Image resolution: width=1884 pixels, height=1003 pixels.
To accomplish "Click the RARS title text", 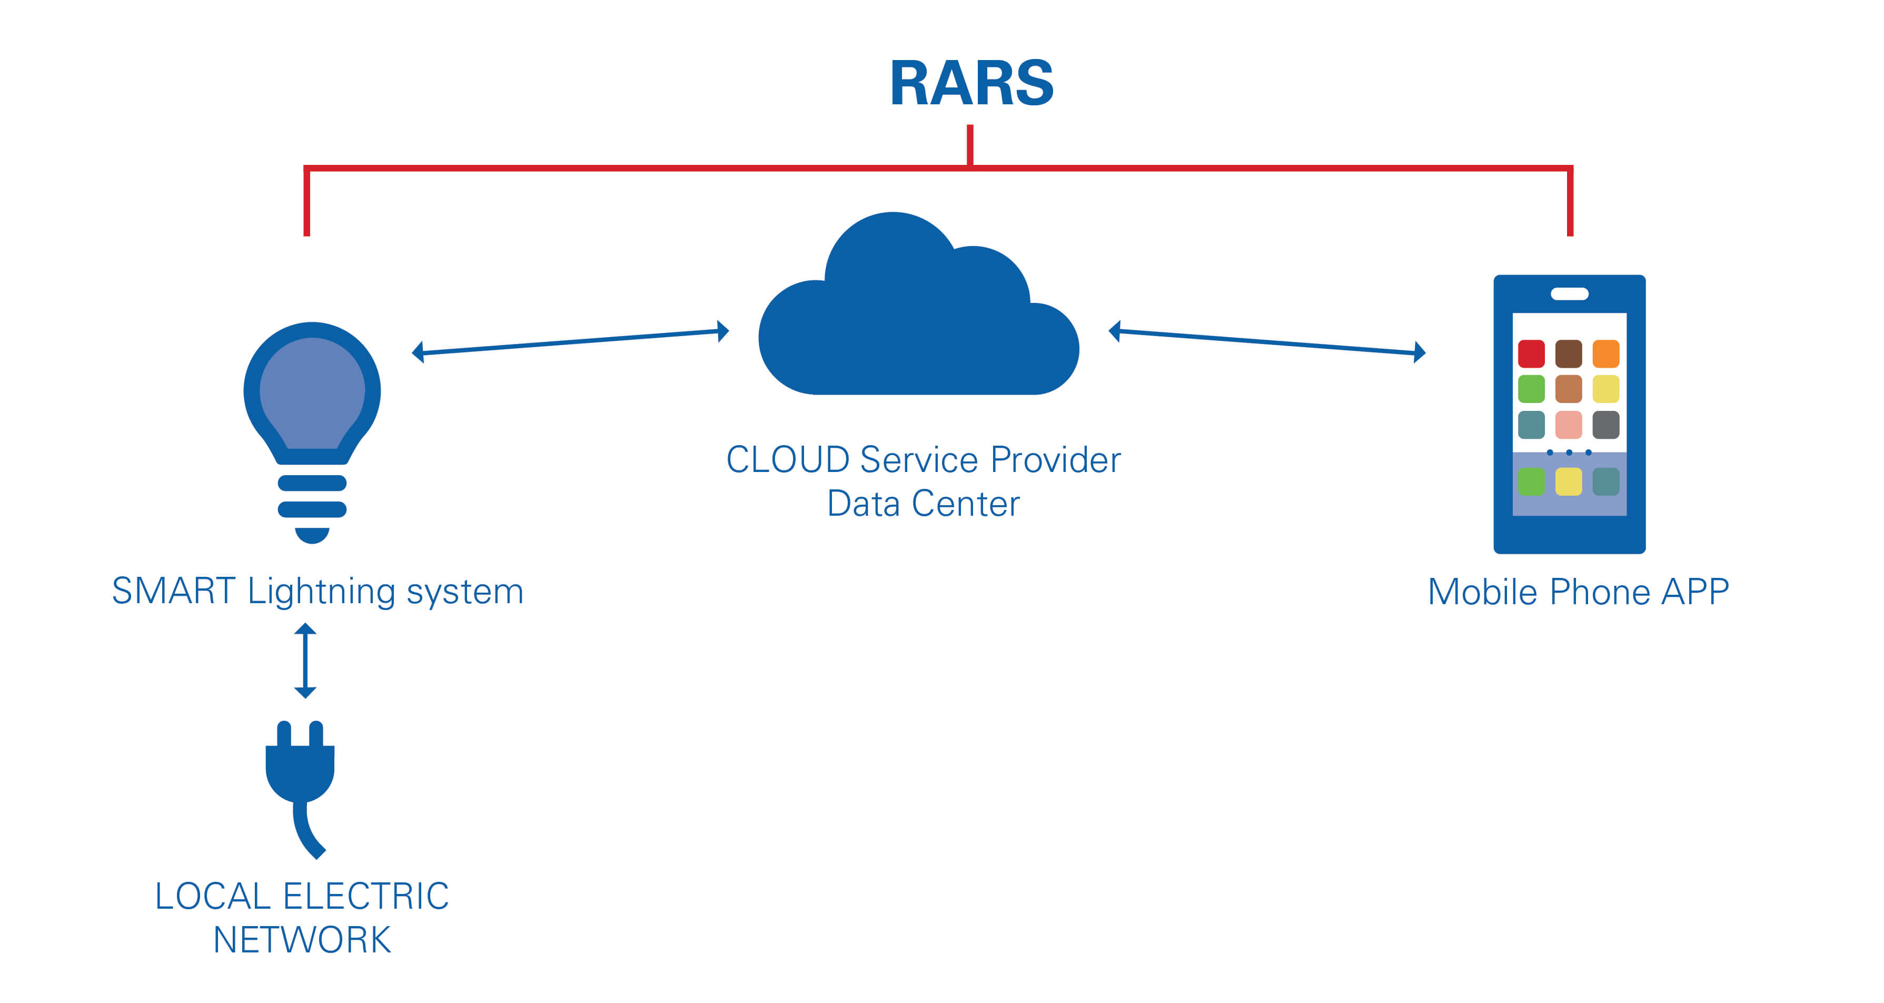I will (971, 83).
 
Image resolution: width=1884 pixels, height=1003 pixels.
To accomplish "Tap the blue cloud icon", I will (918, 322).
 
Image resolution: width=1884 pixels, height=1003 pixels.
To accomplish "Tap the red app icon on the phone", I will (1531, 353).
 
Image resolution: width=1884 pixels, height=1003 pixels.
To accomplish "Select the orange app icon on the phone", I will (1606, 353).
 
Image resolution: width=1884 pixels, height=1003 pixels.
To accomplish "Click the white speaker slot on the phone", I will (1570, 294).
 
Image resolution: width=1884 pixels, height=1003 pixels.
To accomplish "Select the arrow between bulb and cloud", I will (570, 342).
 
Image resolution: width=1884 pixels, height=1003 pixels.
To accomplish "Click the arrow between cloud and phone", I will (1267, 342).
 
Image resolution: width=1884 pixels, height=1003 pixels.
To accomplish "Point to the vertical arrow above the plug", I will (305, 661).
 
